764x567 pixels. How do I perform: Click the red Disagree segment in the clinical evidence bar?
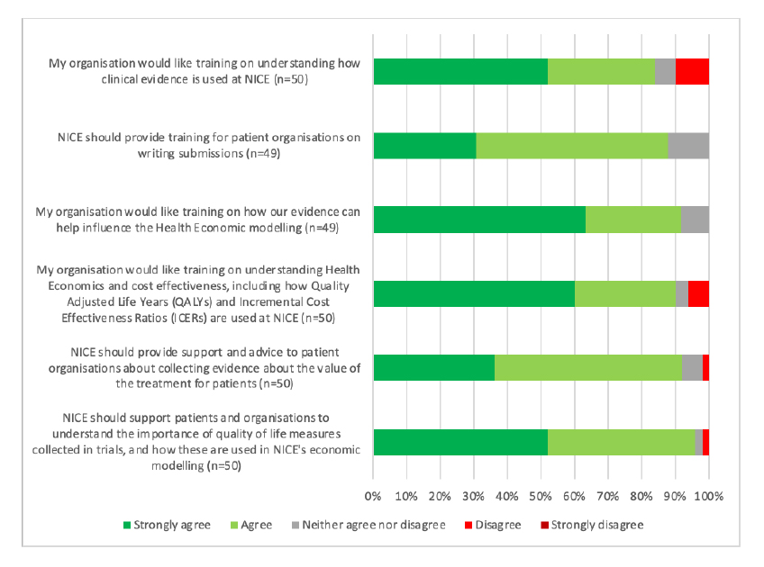pos(692,71)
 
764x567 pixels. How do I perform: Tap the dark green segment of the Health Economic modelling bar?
pos(479,220)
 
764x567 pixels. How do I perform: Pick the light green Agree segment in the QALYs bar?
pos(624,294)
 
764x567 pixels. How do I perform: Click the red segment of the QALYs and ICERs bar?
pos(698,294)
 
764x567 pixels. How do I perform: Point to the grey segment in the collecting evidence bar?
pos(692,368)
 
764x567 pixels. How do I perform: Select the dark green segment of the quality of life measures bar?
pos(460,443)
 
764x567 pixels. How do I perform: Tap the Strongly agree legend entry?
pos(167,525)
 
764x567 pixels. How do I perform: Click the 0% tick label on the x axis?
pos(374,496)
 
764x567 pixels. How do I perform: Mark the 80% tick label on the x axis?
pos(641,496)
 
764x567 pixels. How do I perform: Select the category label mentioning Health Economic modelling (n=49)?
pos(198,220)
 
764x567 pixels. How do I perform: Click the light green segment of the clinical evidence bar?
pos(601,71)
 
